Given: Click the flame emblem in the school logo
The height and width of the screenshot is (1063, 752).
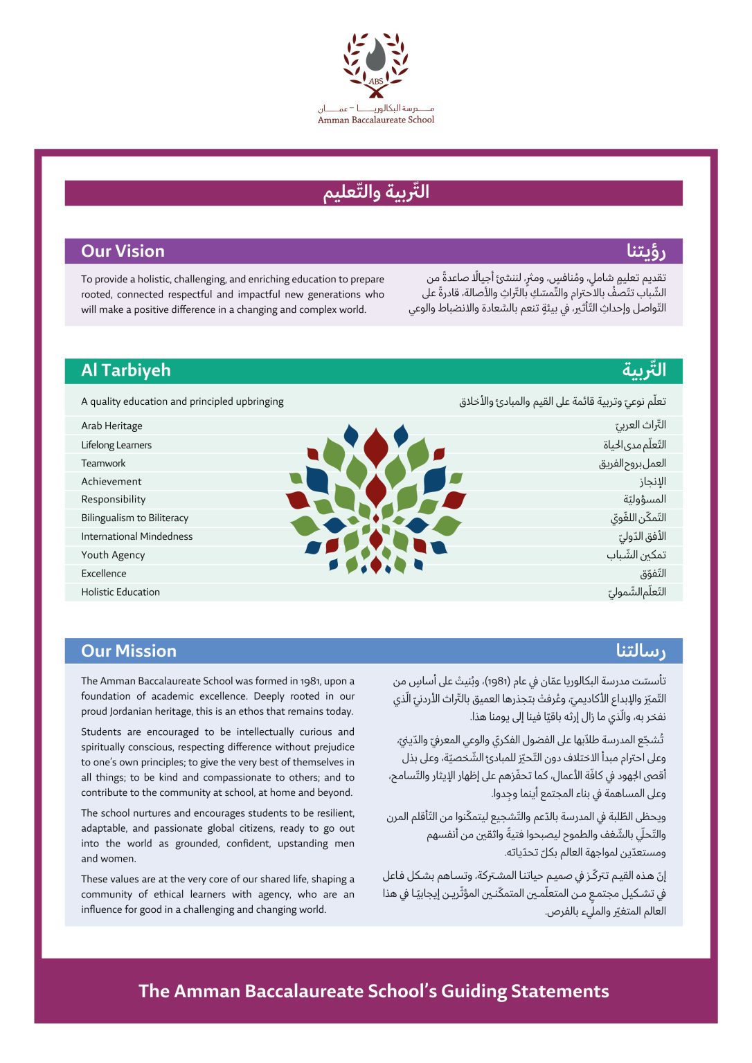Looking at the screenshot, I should click(375, 55).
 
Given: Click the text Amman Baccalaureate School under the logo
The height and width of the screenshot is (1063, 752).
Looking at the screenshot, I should click(376, 120).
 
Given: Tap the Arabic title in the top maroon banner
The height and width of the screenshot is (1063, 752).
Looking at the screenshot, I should click(376, 192).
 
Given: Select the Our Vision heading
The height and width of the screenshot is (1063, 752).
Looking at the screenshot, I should click(123, 251).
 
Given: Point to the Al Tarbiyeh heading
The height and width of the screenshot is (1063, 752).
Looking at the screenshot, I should click(125, 370).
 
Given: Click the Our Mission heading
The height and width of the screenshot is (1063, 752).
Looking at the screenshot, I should click(129, 651).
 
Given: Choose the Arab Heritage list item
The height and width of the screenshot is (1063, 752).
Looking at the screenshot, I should click(111, 426).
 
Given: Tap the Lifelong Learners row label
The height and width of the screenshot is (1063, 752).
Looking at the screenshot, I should click(116, 445).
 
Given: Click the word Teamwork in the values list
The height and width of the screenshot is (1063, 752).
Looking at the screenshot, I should click(103, 463).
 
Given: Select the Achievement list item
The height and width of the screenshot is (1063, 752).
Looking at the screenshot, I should click(111, 482).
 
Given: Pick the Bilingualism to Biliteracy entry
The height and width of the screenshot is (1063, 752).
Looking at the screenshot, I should click(134, 518).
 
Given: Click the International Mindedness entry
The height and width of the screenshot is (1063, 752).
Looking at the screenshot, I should click(136, 536).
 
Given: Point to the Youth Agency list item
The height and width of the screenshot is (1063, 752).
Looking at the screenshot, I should click(113, 555).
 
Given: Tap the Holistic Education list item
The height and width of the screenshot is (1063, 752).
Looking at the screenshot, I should click(120, 592).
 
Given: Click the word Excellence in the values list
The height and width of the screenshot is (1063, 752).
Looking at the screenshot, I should click(104, 573).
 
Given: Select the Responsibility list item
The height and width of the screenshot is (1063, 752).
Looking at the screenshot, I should click(114, 500).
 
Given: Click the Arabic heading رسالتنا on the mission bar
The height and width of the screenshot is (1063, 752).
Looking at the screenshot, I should click(641, 651).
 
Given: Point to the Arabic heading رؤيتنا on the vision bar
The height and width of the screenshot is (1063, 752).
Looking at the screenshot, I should click(646, 251).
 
